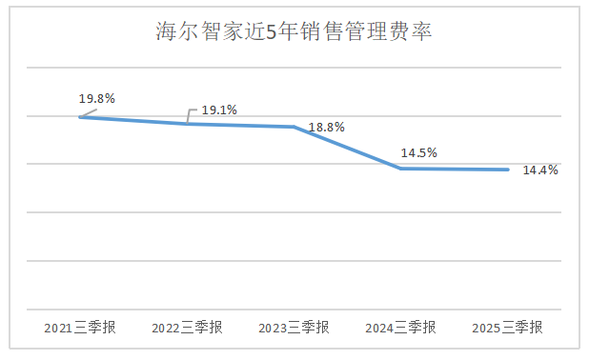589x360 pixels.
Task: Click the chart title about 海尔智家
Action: pyautogui.click(x=294, y=31)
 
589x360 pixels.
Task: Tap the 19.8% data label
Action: pyautogui.click(x=96, y=99)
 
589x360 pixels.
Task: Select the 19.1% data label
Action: pyautogui.click(x=219, y=110)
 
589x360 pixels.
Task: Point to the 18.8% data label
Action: pyautogui.click(x=327, y=128)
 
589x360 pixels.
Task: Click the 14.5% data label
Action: pyautogui.click(x=418, y=152)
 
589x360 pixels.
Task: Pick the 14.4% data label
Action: pyautogui.click(x=540, y=170)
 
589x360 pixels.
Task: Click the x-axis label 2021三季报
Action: pyautogui.click(x=80, y=328)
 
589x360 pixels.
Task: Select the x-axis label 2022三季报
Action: pyautogui.click(x=187, y=328)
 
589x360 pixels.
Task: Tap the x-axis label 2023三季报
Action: pyautogui.click(x=294, y=328)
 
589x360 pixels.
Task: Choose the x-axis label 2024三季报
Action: pyautogui.click(x=401, y=328)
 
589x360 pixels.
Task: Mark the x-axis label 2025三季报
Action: pyautogui.click(x=507, y=328)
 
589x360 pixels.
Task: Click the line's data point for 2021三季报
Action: pyautogui.click(x=80, y=117)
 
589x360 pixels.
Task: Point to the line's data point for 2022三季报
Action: pyautogui.click(x=187, y=124)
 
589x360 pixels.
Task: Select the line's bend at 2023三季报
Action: pyautogui.click(x=294, y=127)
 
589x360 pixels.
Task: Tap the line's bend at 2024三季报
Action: pyautogui.click(x=401, y=169)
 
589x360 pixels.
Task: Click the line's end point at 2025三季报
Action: pyautogui.click(x=508, y=170)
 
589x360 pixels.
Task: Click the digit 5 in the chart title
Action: pyautogui.click(x=272, y=32)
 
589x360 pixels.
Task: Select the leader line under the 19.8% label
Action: pyautogui.click(x=89, y=113)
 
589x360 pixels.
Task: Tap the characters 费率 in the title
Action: pyautogui.click(x=411, y=31)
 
